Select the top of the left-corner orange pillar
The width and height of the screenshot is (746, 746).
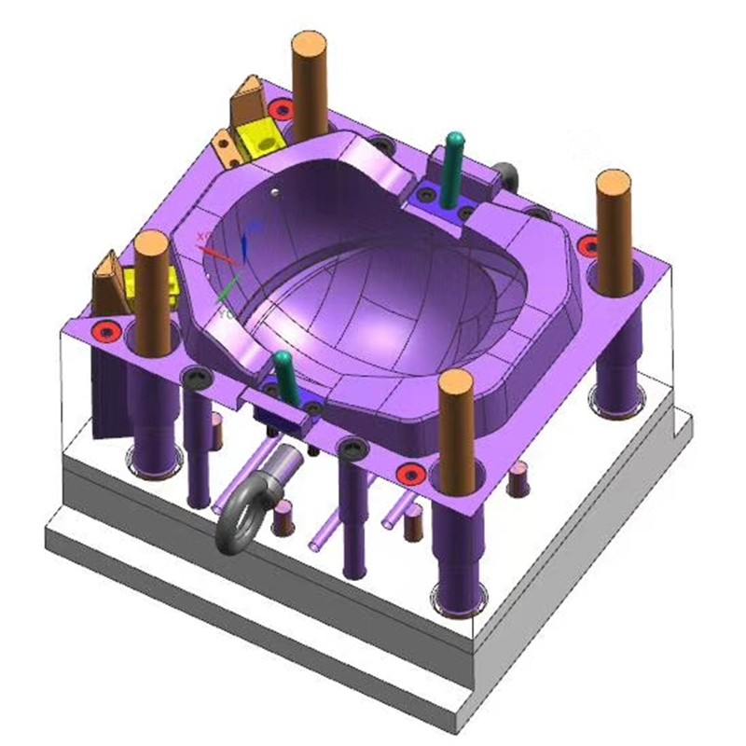151,245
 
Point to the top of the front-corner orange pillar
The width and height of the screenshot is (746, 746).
457,383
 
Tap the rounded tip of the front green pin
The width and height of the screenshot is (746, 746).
282,360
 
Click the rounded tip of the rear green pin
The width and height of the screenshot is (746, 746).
455,141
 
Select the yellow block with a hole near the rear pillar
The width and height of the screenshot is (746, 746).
258,139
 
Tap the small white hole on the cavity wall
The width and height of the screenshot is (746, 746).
274,193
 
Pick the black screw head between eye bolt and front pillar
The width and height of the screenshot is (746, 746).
352,449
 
